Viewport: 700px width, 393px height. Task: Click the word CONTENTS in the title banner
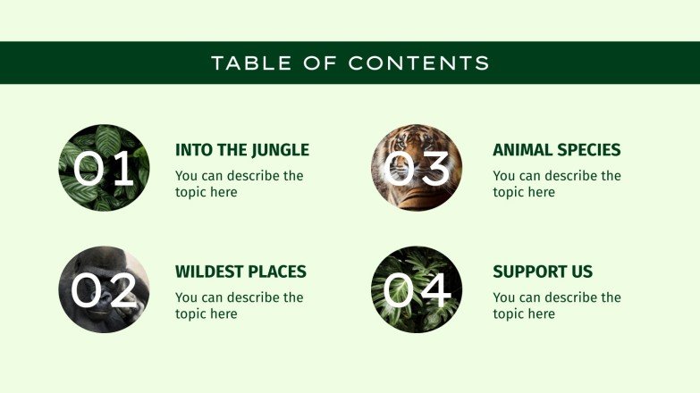(418, 63)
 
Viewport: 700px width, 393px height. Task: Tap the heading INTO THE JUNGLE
(241, 150)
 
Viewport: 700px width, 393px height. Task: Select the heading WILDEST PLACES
(240, 272)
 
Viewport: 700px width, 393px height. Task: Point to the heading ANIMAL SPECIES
(556, 150)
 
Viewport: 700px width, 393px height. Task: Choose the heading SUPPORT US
(543, 272)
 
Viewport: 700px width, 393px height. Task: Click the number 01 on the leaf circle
(104, 168)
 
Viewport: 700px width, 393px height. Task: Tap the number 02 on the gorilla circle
(104, 289)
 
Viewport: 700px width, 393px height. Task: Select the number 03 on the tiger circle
(417, 168)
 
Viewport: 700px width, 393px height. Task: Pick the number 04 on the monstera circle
(417, 289)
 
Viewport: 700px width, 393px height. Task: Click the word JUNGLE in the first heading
(280, 150)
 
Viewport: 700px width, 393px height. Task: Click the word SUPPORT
(528, 272)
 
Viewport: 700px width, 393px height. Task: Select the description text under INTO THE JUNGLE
(239, 184)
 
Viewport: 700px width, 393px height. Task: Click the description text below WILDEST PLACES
(239, 305)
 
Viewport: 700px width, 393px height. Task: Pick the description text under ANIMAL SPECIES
(556, 184)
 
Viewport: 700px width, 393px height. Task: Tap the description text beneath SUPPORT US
(556, 305)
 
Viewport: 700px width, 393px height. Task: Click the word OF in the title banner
(317, 63)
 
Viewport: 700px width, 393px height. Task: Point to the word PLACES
(276, 272)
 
